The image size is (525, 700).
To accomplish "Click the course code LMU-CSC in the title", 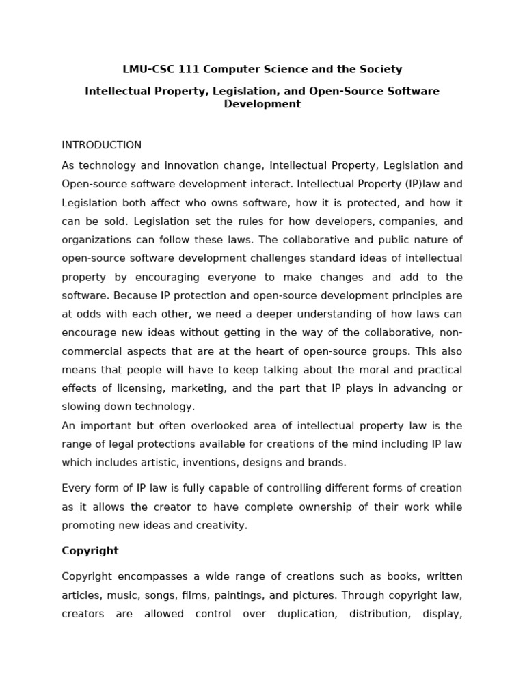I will click(x=146, y=69).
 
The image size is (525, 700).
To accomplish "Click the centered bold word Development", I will click(x=262, y=104).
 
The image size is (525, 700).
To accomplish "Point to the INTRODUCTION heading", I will click(x=102, y=145).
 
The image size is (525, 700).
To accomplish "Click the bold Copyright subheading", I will click(x=90, y=551).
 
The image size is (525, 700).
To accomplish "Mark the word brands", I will click(x=327, y=462).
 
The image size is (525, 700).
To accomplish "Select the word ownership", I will click(x=302, y=507).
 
